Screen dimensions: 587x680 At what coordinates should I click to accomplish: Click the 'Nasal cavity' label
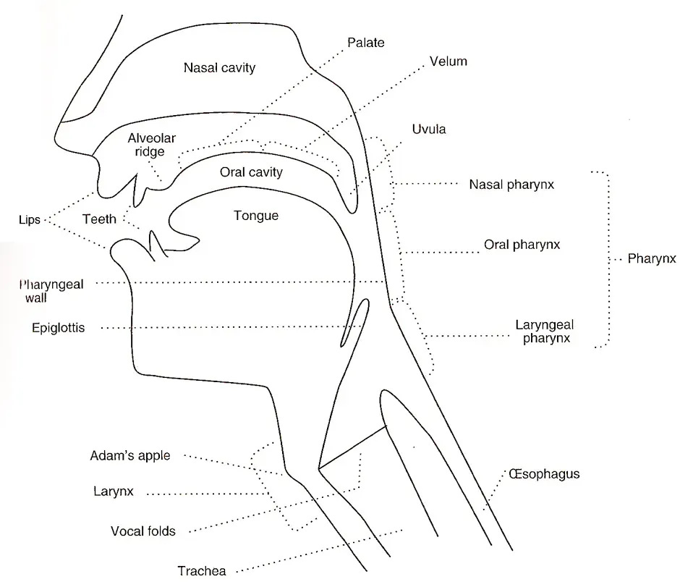click(x=220, y=68)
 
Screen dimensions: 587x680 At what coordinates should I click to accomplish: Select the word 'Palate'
click(x=365, y=43)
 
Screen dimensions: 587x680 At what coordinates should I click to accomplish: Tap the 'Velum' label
click(x=448, y=62)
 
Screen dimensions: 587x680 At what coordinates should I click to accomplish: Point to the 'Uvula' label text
click(x=429, y=130)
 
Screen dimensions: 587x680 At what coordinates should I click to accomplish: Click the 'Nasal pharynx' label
click(x=511, y=185)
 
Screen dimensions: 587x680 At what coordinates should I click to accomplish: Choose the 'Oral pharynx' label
click(x=522, y=245)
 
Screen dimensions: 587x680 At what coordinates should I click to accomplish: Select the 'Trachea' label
click(x=202, y=571)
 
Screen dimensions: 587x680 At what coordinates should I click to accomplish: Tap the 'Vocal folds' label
click(x=143, y=531)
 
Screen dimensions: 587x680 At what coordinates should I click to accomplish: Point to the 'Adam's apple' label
click(x=130, y=456)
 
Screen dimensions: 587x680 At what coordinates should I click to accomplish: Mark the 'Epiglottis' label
click(x=59, y=328)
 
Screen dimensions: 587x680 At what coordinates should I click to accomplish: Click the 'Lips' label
click(x=30, y=219)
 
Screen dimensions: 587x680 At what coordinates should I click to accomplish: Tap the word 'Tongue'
click(x=255, y=216)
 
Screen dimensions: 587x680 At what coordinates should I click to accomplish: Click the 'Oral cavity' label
click(x=251, y=173)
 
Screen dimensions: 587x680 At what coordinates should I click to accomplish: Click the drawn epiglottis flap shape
click(x=355, y=324)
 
